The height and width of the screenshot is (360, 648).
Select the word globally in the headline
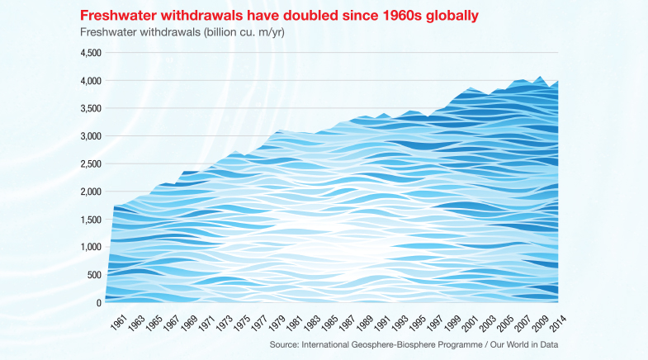click(x=447, y=16)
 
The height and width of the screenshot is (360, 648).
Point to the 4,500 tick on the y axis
click(x=90, y=53)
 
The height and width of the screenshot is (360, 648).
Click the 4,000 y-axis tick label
click(x=90, y=81)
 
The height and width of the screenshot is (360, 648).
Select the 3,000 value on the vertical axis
click(x=90, y=136)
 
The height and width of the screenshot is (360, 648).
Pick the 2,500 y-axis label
click(x=90, y=164)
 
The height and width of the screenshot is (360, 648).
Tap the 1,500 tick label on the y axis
click(x=90, y=220)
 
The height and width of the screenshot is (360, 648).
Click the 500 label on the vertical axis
click(x=94, y=275)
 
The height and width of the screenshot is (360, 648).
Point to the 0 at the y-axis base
click(x=98, y=303)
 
